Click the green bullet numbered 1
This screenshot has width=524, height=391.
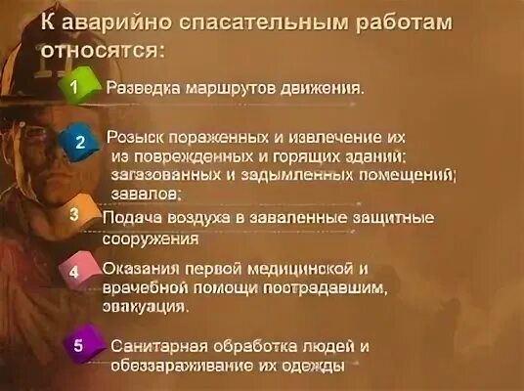(x=74, y=87)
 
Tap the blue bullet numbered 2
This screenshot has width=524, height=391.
(x=81, y=143)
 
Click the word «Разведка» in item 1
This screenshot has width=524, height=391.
(x=140, y=87)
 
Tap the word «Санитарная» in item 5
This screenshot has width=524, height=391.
(x=160, y=346)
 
